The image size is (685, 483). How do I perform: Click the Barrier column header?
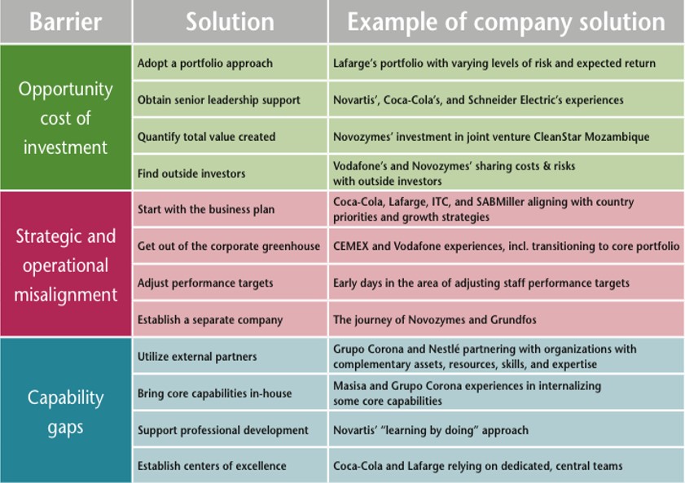(65, 21)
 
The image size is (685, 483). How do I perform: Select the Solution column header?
(230, 21)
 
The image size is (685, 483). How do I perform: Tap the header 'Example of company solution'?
(506, 21)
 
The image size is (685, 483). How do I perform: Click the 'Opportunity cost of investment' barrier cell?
(65, 118)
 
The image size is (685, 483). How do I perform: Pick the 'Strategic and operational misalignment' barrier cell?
(65, 265)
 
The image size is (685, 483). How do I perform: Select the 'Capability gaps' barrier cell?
(65, 411)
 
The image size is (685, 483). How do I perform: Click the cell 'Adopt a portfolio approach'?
(205, 64)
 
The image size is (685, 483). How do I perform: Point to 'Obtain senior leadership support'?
(219, 100)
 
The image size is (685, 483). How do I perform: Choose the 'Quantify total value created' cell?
(207, 137)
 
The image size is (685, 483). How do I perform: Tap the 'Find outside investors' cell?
(191, 173)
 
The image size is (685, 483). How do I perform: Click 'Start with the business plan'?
(206, 209)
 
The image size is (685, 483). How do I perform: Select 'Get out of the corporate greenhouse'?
(229, 246)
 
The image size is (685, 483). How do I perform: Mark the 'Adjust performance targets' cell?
(205, 283)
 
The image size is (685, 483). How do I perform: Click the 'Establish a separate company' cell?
(210, 319)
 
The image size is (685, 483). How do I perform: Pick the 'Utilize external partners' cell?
(197, 356)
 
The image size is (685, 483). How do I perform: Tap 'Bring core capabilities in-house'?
(214, 393)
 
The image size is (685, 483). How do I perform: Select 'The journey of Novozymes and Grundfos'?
(434, 319)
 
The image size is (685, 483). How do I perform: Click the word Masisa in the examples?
(351, 386)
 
